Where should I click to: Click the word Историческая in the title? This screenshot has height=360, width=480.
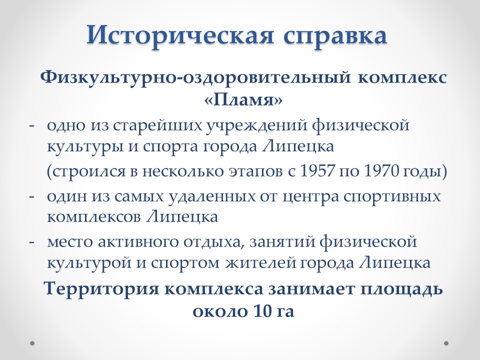pyautogui.click(x=179, y=35)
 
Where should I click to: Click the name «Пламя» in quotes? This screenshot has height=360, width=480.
pyautogui.click(x=243, y=100)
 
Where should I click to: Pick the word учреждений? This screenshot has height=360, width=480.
pyautogui.click(x=256, y=126)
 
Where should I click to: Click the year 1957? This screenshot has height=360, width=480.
pyautogui.click(x=317, y=171)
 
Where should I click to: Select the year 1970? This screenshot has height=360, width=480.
pyautogui.click(x=381, y=171)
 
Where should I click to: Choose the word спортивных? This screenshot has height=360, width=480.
pyautogui.click(x=392, y=197)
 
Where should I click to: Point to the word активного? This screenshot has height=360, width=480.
pyautogui.click(x=138, y=242)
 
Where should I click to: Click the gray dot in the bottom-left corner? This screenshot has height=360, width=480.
pyautogui.click(x=32, y=343)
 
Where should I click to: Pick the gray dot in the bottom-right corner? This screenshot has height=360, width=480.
pyautogui.click(x=446, y=343)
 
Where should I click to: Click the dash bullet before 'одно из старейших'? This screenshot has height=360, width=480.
pyautogui.click(x=31, y=126)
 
